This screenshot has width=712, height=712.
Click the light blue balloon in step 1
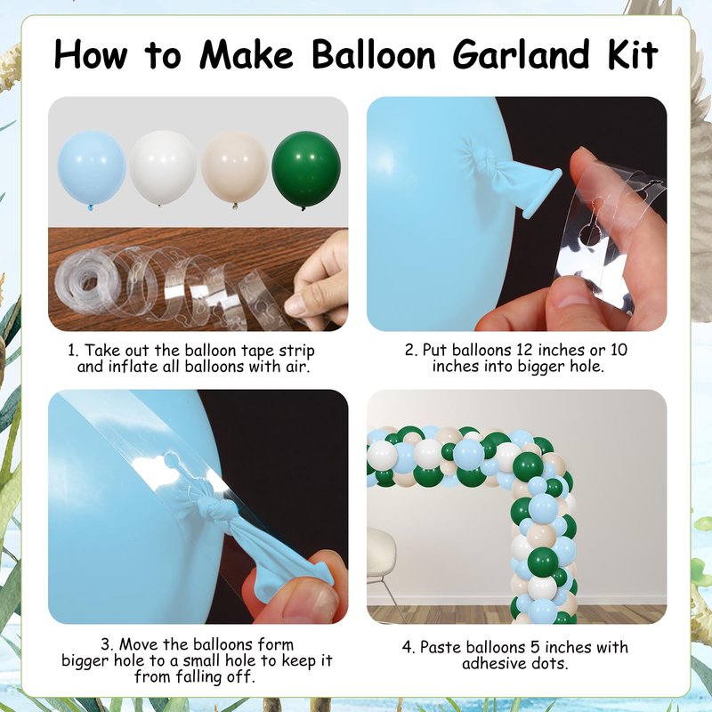pyautogui.click(x=92, y=170)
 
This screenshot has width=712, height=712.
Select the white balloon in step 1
pyautogui.click(x=164, y=167)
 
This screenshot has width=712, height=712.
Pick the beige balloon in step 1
pyautogui.click(x=235, y=168)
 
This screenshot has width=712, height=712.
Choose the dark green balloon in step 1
pyautogui.click(x=306, y=169)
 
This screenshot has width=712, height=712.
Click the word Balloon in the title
pyautogui.click(x=374, y=54)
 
